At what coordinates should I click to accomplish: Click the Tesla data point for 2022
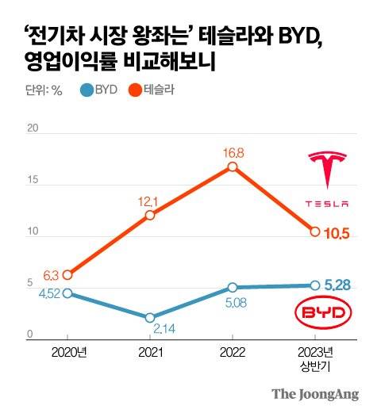(232, 166)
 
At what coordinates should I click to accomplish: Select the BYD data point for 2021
(150, 317)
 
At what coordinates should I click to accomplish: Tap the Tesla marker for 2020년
(67, 274)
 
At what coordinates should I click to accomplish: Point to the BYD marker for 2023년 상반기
(315, 285)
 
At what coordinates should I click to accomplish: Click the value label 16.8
(232, 151)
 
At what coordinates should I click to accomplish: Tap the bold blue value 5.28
(341, 284)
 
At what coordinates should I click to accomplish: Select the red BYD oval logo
(327, 313)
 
